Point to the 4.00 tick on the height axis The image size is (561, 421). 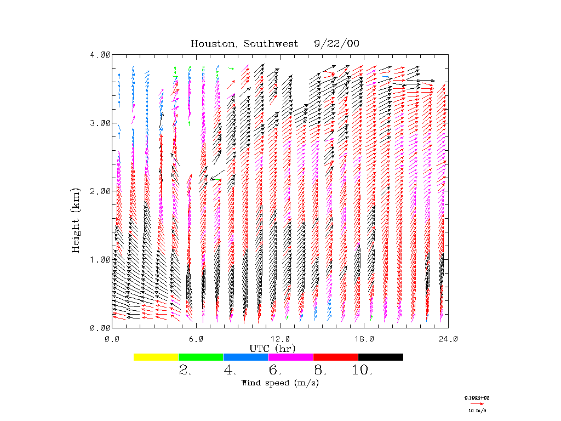pos(100,55)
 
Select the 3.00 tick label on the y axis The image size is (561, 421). pos(100,123)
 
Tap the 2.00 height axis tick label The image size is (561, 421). pos(100,191)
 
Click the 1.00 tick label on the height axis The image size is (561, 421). pos(100,259)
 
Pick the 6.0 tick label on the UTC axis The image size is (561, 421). pos(196,338)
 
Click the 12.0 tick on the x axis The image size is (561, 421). pos(280,338)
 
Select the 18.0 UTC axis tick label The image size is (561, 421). pos(364,338)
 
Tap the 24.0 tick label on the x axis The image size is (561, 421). pos(448,338)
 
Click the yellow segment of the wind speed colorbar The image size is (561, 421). pos(156,357)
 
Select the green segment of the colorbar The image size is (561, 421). pos(201,357)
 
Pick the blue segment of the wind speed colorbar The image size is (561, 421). pos(246,357)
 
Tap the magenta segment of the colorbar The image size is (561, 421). pos(291,357)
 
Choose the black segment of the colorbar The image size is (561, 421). pos(381,357)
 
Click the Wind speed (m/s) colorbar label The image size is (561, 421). pos(280,383)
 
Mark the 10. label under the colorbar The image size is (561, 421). pos(362,371)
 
